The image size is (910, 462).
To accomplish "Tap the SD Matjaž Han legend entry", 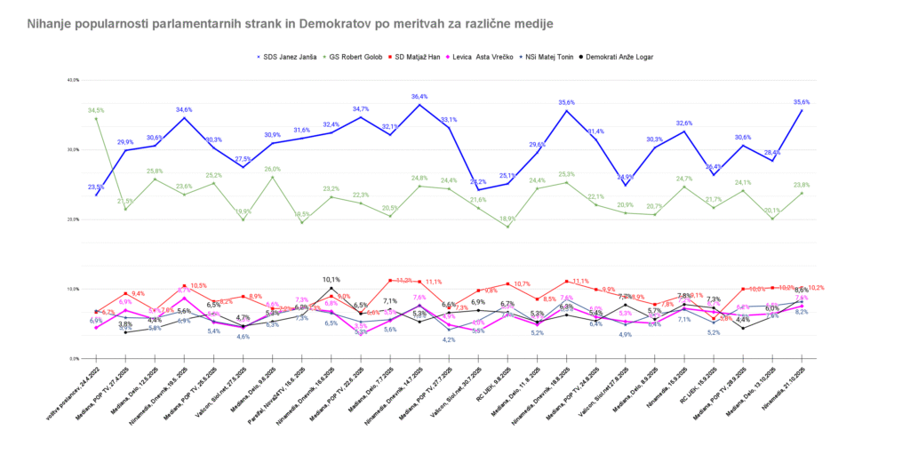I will point(419,57).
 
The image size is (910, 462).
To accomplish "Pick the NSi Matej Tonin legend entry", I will point(555,57).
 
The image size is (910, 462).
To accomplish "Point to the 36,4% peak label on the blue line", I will point(419,97).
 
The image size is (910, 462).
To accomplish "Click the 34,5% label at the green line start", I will point(96,110).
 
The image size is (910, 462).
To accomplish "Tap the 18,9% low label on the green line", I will point(507,219).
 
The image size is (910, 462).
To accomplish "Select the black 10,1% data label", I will point(331,279).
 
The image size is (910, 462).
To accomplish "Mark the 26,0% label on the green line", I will point(272,169).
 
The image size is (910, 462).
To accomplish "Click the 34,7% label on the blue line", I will point(361,109).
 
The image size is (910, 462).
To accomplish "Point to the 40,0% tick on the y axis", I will point(73,80).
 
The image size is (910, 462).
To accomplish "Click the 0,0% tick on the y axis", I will point(73,358).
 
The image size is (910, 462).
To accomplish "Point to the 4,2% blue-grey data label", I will point(449,339).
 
